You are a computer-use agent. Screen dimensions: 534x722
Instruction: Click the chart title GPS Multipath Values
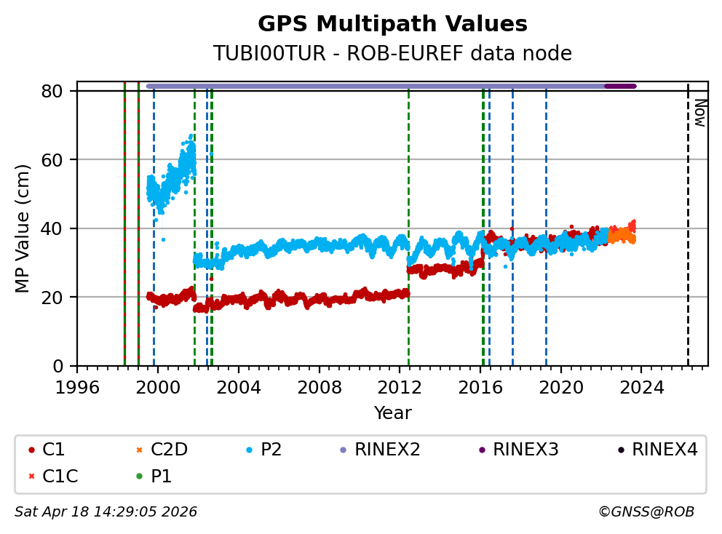(392, 24)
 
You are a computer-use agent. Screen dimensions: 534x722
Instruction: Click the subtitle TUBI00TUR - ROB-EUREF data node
(392, 54)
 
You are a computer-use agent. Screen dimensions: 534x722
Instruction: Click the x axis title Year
(392, 413)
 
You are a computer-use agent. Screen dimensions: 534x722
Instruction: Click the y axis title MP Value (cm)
(23, 228)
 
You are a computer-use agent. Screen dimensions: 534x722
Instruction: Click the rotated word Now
(699, 113)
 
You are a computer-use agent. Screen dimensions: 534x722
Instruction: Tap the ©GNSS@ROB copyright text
(646, 512)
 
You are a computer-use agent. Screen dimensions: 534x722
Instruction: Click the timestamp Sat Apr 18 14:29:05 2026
(106, 512)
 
